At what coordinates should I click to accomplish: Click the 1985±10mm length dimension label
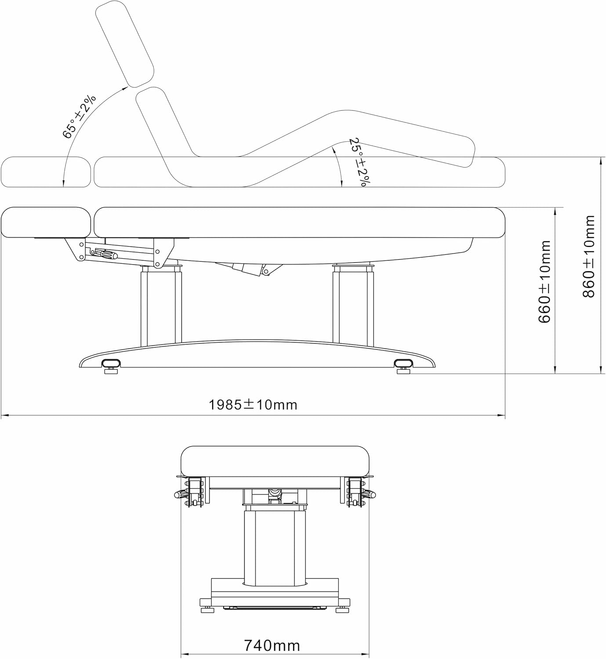(x=253, y=404)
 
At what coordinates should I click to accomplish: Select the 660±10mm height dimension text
(x=544, y=281)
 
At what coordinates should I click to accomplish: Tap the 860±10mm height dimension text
(x=588, y=256)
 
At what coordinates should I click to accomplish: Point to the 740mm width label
(x=272, y=645)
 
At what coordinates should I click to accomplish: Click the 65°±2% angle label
(x=80, y=116)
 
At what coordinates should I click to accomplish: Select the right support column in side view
(x=353, y=305)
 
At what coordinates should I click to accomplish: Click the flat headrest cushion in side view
(x=46, y=223)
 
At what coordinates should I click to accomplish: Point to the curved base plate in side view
(x=257, y=354)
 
